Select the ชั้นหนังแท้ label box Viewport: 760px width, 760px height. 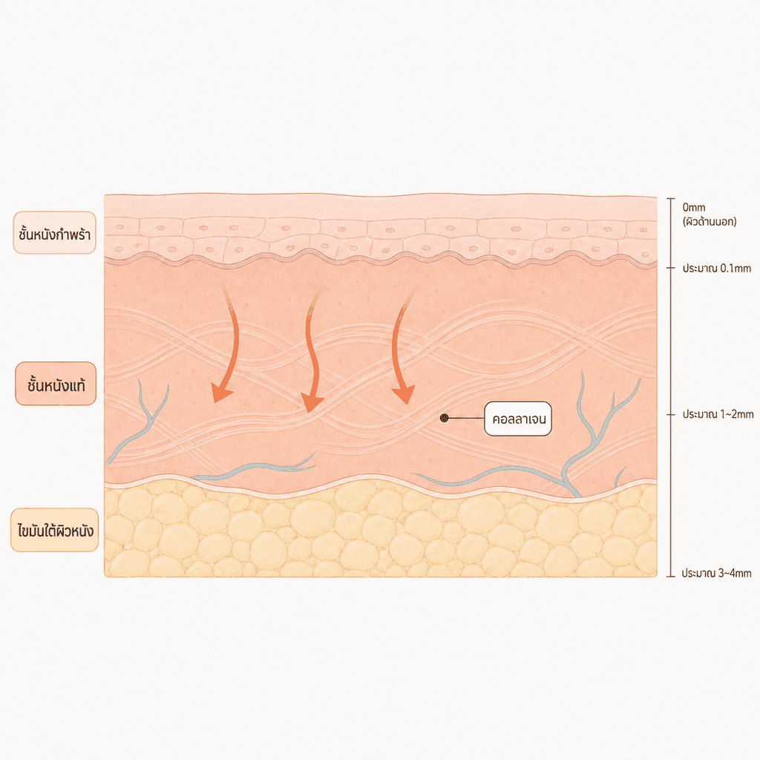(56, 384)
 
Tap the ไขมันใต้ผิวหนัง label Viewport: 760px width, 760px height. (55, 530)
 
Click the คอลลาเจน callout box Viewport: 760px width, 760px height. (517, 419)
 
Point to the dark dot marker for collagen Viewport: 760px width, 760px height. (444, 418)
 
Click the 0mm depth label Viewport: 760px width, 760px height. (694, 208)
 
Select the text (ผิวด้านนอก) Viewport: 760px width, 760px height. (710, 222)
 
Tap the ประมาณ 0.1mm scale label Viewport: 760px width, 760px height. (717, 268)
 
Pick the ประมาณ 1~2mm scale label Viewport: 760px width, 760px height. (718, 414)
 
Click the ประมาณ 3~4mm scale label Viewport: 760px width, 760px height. (716, 574)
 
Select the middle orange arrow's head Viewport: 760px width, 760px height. (311, 402)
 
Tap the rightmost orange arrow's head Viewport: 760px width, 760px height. (404, 393)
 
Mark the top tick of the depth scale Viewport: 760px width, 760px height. (671, 199)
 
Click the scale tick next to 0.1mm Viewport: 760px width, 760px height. (671, 267)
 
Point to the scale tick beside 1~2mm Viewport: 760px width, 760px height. (671, 415)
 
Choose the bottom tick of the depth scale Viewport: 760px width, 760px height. (671, 576)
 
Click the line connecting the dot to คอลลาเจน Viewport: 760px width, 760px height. (466, 418)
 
